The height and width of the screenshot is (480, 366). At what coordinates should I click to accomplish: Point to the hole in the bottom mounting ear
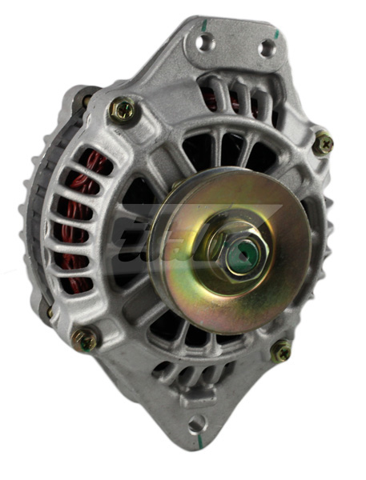point(195,422)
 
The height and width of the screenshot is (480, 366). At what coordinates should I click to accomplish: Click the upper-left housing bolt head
point(123,109)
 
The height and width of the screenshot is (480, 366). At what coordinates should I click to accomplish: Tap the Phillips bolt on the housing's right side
point(324,143)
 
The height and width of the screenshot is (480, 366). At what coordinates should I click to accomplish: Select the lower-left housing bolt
point(84,339)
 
